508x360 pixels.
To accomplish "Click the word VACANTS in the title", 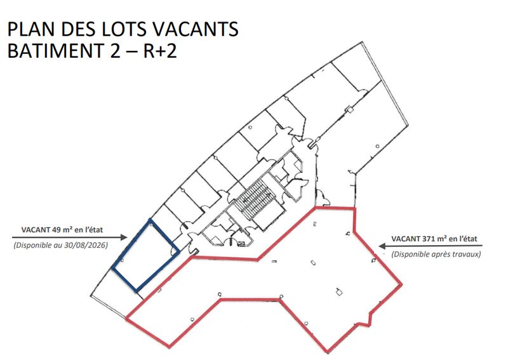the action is pos(195,29).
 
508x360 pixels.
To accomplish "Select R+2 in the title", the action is pos(160,51).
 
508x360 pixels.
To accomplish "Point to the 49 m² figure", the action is pos(62,230).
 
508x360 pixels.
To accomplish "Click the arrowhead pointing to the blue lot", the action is pos(124,237).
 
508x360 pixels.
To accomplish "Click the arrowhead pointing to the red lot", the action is pos(382,246).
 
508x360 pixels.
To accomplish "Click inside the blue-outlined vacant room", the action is pos(145,256).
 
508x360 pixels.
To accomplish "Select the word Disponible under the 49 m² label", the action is pos(32,245).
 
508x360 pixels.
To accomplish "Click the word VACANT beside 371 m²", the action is pos(405,239).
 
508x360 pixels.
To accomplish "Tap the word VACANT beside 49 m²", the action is pos(36,230).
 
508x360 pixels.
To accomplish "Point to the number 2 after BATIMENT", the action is pos(115,51).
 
